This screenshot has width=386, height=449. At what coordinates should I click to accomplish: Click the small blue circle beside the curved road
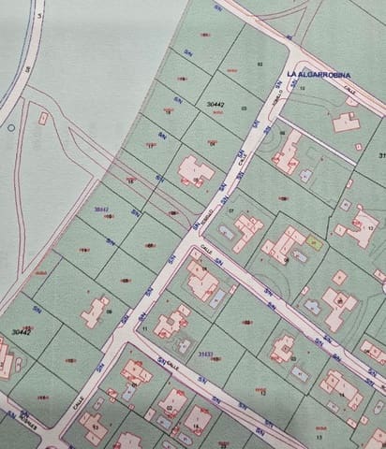point(10,126)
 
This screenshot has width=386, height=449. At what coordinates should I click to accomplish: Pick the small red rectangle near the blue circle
point(43,119)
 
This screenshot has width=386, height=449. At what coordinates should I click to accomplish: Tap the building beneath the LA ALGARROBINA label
point(347,121)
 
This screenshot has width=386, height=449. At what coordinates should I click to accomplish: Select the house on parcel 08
point(96,310)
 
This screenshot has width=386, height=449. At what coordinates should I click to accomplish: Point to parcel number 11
point(144,328)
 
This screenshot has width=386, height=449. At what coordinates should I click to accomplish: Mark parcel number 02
point(259,64)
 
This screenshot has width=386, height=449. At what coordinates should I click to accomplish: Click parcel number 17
point(151,147)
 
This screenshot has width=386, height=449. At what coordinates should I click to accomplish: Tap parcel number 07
point(231,211)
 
